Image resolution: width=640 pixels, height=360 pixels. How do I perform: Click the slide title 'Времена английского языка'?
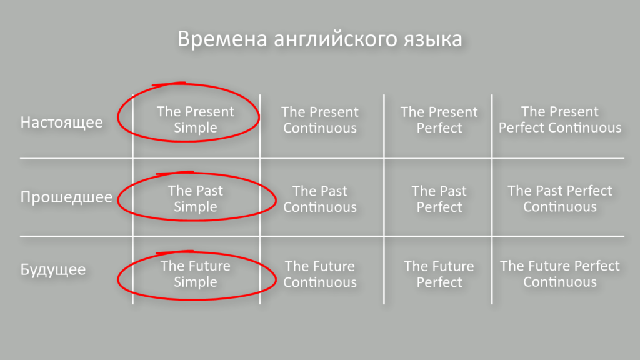pos(319,39)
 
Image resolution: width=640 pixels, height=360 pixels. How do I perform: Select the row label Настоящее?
pos(61,121)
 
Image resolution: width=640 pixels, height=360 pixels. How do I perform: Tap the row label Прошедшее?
pos(66,197)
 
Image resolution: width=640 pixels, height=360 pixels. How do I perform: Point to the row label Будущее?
pos(52,271)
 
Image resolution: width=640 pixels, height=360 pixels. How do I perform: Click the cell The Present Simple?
pos(196,119)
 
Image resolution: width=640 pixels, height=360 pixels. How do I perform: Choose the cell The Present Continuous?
pos(320,119)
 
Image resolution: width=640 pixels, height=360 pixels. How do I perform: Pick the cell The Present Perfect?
pos(439,119)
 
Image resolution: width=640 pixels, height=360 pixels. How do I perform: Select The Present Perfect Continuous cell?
pos(560,119)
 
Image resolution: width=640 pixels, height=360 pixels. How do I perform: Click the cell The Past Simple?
pos(196,199)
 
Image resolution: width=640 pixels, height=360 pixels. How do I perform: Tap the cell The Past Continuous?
pos(320,199)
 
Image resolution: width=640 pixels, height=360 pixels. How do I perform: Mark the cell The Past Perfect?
pos(439,199)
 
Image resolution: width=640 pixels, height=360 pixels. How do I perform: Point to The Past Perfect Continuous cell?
pos(560,199)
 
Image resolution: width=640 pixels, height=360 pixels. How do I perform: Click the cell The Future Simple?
pos(196,274)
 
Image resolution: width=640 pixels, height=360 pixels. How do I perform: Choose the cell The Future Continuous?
pos(320,274)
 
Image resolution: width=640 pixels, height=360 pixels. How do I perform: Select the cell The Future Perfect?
pos(439,274)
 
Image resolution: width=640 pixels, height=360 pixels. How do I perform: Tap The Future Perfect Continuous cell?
pos(560,274)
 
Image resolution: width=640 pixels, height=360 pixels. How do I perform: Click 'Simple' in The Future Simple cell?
pos(196,282)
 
